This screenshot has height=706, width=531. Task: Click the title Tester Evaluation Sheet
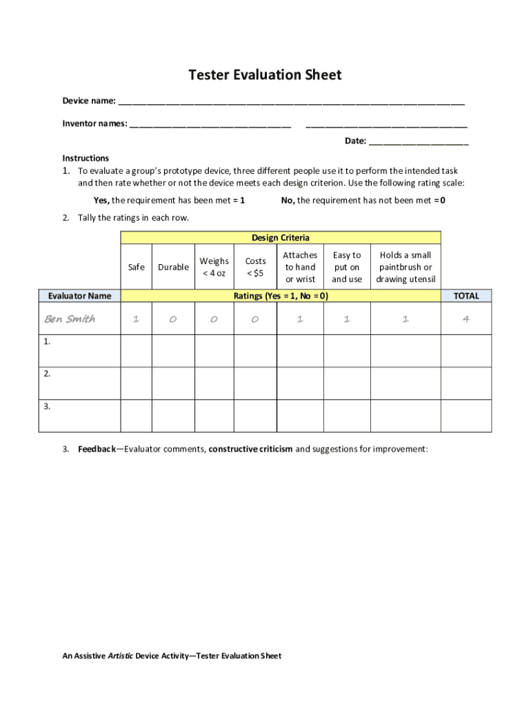[x=265, y=74]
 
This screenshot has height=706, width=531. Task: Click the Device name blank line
[x=291, y=102]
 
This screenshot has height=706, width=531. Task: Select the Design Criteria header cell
[x=281, y=238]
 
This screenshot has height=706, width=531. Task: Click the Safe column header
[x=137, y=267]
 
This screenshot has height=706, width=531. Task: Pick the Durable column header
[x=173, y=267]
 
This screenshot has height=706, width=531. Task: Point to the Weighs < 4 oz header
[x=214, y=267]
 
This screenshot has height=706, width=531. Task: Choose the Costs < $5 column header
[x=255, y=267]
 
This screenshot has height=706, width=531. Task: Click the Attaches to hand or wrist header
[x=300, y=267]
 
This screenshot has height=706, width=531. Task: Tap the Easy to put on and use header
[x=347, y=267]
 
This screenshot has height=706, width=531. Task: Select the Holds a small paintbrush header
[x=405, y=267]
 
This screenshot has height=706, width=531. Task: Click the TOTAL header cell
[x=466, y=296]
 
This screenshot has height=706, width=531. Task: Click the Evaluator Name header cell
[x=79, y=296]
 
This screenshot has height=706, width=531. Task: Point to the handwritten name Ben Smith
[x=70, y=319]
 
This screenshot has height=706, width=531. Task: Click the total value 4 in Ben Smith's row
[x=466, y=319]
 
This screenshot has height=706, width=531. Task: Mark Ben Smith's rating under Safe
[x=137, y=319]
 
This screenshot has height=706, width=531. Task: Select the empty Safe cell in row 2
[x=137, y=383]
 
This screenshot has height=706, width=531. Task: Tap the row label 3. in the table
[x=47, y=407]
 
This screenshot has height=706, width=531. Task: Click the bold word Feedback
[x=97, y=449]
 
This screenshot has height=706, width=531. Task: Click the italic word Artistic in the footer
[x=120, y=656]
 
